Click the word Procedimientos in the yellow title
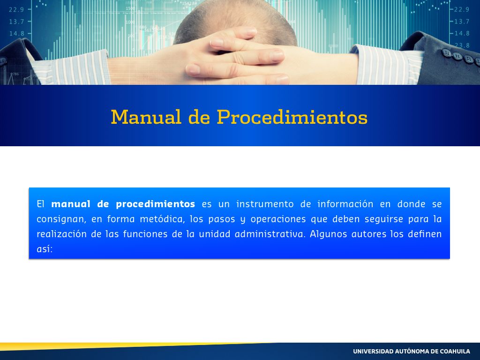tap(292, 117)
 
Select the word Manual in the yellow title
tap(146, 117)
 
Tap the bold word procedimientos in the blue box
tap(156, 204)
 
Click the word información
tap(345, 204)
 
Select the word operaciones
tap(278, 219)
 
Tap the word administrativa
tap(270, 234)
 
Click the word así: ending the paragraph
tap(45, 249)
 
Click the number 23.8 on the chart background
tap(462, 45)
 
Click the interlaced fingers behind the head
tap(236, 57)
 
